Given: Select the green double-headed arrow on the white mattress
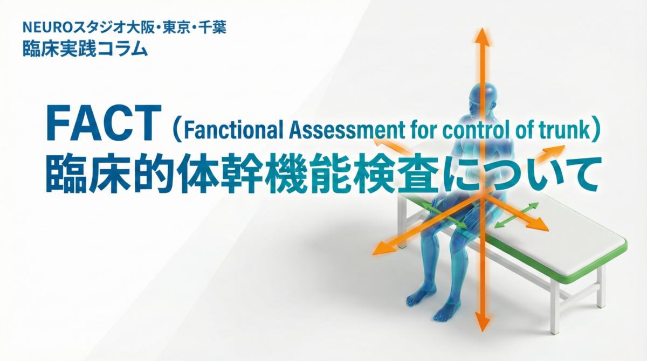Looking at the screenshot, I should (x=516, y=215).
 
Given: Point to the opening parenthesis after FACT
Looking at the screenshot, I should (x=174, y=129).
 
